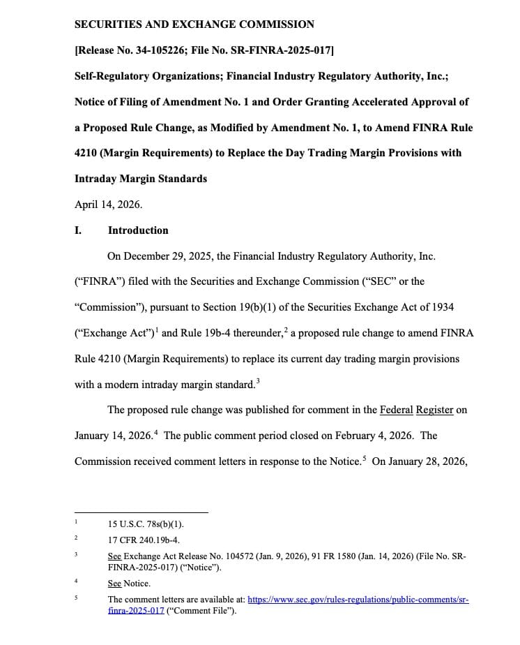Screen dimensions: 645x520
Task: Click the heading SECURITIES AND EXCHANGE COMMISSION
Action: [194, 24]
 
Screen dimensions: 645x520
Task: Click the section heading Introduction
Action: [138, 230]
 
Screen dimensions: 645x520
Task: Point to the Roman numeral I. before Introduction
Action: [78, 230]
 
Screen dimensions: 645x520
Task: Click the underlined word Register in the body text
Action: [435, 410]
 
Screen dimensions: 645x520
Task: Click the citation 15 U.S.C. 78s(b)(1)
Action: [146, 524]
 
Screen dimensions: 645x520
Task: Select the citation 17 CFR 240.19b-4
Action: [144, 540]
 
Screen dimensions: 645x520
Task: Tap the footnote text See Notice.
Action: [129, 584]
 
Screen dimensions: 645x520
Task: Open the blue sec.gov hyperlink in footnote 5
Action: [358, 600]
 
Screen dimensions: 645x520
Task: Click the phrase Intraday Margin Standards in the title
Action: [140, 179]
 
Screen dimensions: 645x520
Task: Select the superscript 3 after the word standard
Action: [258, 380]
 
